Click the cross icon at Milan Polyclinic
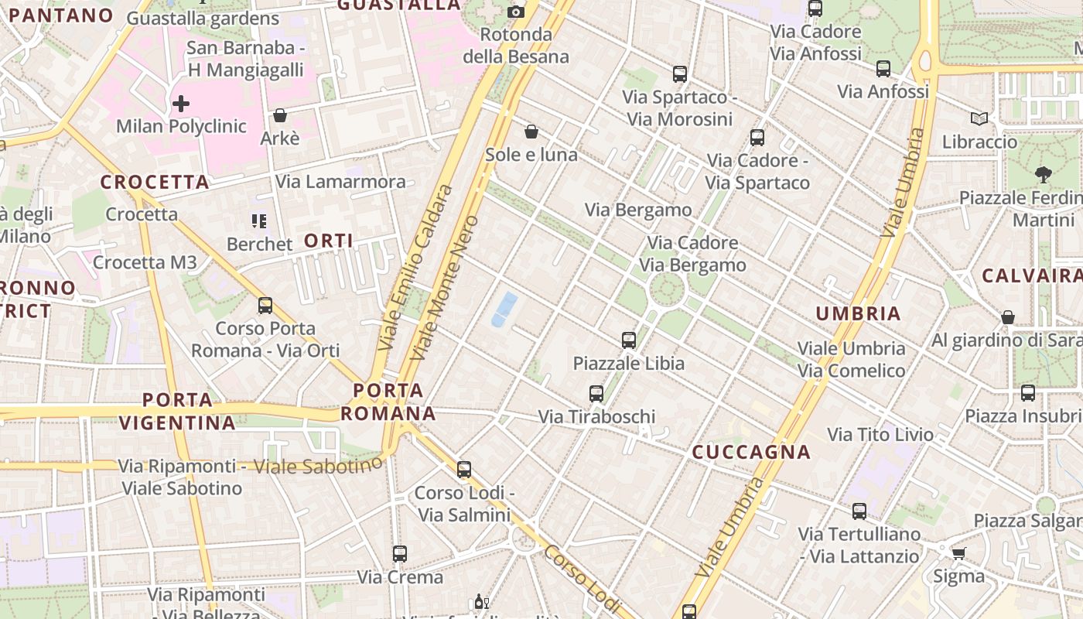tap(181, 104)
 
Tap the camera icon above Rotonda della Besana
tap(516, 12)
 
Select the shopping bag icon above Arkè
tap(280, 115)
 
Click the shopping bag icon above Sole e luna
tap(531, 132)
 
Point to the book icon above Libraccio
tap(979, 119)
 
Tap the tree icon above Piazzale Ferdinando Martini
tap(1044, 175)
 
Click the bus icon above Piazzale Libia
tap(629, 340)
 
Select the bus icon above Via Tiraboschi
tap(596, 393)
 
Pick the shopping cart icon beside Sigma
tap(959, 553)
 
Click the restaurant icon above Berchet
tap(259, 221)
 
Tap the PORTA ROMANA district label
tap(388, 402)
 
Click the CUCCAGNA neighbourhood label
tap(751, 453)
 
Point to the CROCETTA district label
tap(155, 183)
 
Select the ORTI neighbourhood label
tap(329, 241)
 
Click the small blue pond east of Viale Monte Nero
tap(504, 309)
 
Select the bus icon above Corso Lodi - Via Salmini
tap(464, 470)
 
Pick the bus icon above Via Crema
tap(400, 554)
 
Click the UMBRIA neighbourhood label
tap(859, 313)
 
